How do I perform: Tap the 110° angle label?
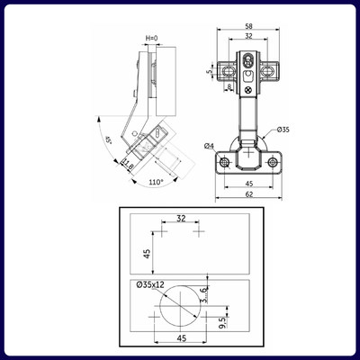[156, 183]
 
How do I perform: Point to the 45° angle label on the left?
[108, 140]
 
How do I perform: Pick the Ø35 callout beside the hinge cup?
[283, 130]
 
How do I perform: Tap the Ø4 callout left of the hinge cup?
[209, 146]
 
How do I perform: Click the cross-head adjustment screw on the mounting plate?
[248, 88]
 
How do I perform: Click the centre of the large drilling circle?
[178, 308]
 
